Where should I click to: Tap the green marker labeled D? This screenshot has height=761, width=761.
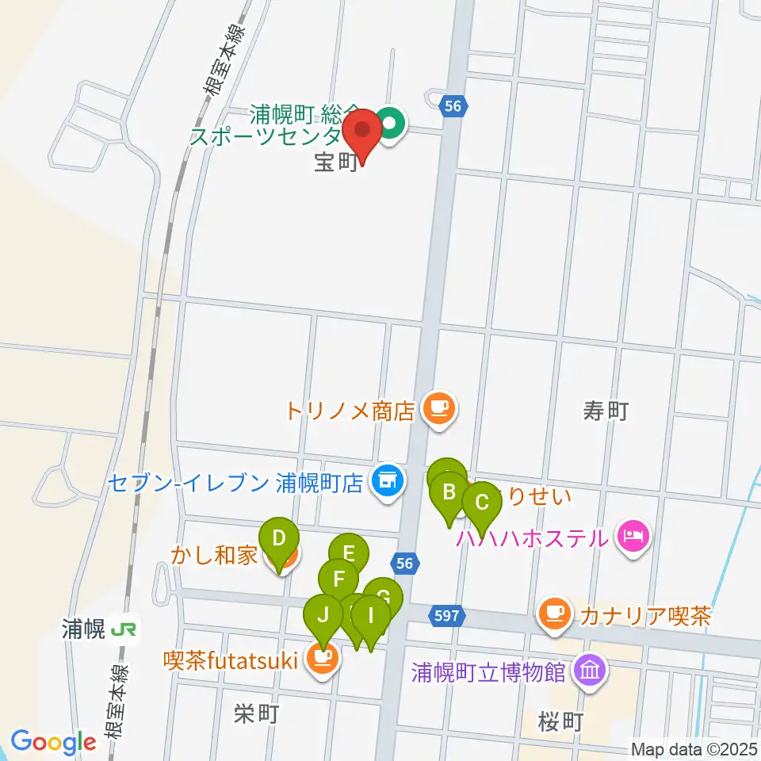278,539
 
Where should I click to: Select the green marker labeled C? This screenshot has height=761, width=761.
481,503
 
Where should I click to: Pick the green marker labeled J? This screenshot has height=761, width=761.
323,614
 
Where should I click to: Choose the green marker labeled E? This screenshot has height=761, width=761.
349,553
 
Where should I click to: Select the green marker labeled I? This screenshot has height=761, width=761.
369,614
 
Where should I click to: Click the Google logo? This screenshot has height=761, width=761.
53,742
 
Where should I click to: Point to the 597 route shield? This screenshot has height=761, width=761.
444,614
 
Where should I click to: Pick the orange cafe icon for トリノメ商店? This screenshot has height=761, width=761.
438,409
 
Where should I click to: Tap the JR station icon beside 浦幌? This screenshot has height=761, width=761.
123,630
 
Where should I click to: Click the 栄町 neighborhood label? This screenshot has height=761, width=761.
256,714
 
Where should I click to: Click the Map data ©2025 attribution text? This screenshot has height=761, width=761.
694,748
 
